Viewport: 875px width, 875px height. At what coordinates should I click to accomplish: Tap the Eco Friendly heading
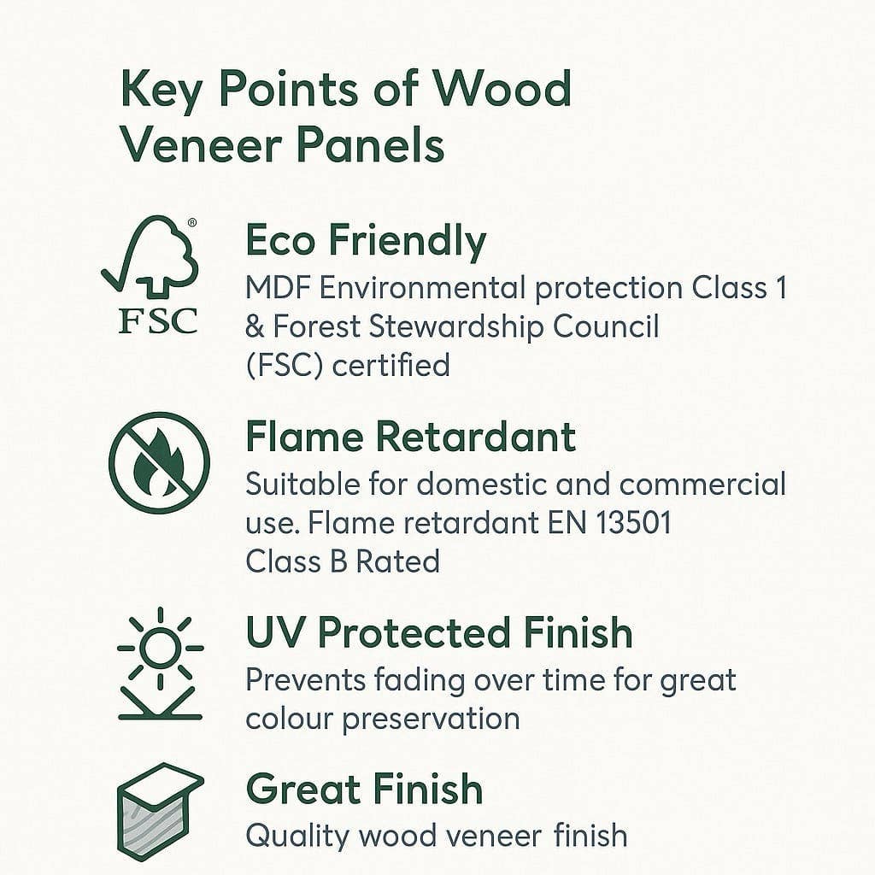click(366, 241)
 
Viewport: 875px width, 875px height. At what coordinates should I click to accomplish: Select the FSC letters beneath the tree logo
click(157, 320)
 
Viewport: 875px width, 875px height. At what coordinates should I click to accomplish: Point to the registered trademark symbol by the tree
click(192, 222)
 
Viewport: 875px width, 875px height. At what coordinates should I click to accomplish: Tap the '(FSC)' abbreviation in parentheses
click(284, 366)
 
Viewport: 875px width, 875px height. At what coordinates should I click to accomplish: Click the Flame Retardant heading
click(410, 437)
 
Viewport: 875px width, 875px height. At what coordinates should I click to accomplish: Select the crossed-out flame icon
click(159, 463)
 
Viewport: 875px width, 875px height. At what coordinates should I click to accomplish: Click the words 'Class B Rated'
click(342, 561)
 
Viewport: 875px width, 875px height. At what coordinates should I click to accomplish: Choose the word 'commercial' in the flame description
click(702, 484)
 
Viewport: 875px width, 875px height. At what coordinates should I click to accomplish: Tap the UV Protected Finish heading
click(438, 633)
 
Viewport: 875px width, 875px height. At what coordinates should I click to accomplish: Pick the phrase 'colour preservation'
click(383, 719)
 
